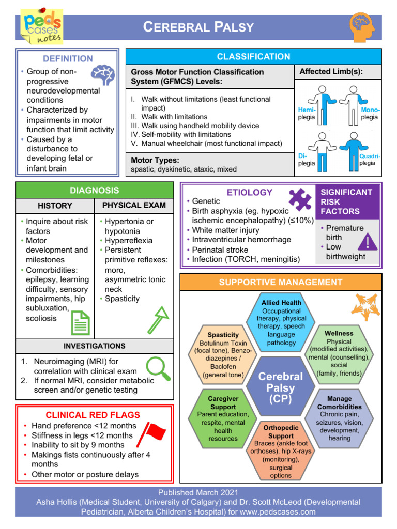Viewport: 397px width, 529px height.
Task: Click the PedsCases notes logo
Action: [41, 26]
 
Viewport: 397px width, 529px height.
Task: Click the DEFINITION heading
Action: [68, 59]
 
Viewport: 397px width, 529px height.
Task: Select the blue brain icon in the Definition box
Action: [102, 75]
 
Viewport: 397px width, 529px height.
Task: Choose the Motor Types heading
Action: [155, 160]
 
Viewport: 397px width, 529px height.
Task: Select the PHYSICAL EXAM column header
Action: [134, 205]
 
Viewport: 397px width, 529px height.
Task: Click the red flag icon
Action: [153, 432]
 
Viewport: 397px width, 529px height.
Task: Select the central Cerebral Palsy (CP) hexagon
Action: [281, 387]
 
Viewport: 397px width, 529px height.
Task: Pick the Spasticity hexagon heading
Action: [223, 335]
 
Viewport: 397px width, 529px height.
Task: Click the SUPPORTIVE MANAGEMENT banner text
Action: [280, 282]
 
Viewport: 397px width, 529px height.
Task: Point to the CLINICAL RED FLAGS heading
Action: [93, 415]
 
